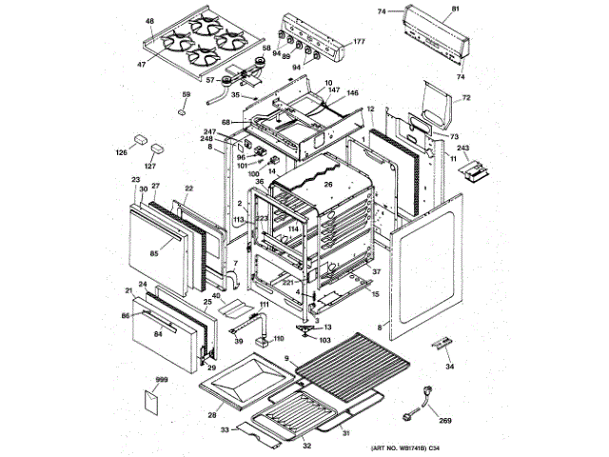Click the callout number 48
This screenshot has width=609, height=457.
[149, 20]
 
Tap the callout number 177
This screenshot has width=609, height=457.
[360, 42]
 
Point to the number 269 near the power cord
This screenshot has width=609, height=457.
[444, 420]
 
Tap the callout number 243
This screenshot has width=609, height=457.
[463, 149]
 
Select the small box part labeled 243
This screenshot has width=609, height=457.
[473, 170]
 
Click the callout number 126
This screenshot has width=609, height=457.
[121, 151]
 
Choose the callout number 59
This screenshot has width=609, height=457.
[186, 94]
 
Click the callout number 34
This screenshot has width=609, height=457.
[450, 366]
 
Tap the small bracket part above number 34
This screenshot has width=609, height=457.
[441, 343]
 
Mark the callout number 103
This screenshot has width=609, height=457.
[324, 340]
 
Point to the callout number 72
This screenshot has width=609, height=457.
[466, 98]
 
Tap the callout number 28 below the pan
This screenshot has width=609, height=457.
[212, 416]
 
